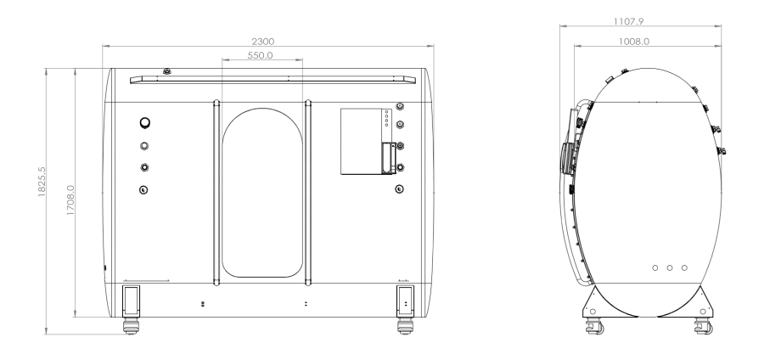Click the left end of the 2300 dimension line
tap(103, 46)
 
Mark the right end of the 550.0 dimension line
tap(302, 60)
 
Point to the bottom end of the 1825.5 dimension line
tap(46, 335)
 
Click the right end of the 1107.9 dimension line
tap(722, 26)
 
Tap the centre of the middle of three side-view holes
tap(669, 267)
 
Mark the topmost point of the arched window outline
tap(262, 108)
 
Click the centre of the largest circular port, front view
tap(145, 123)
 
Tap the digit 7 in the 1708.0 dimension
tap(70, 205)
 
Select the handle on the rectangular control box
tap(389, 158)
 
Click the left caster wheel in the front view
tap(131, 326)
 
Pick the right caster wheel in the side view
tap(704, 326)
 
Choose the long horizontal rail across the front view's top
tap(273, 80)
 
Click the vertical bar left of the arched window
tap(216, 193)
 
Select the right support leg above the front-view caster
tap(405, 301)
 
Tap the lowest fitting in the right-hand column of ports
tap(399, 189)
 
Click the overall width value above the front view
tap(263, 42)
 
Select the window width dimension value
tap(261, 55)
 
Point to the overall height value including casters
tap(42, 182)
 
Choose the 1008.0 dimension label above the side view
tap(633, 42)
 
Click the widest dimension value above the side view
tap(628, 21)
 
